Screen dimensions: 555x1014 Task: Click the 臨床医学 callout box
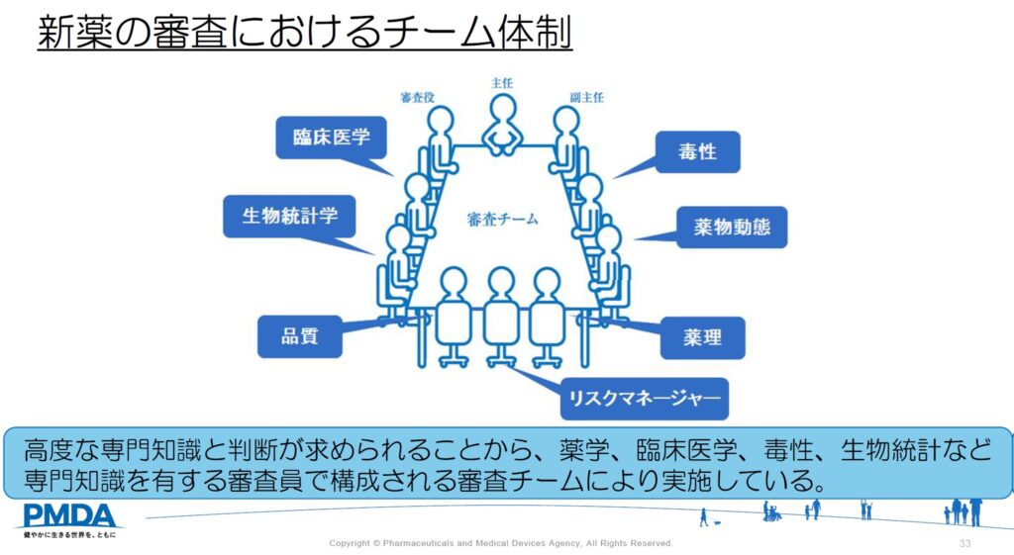330,138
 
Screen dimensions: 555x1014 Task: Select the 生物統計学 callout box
288,215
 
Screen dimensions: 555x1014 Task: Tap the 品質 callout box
300,336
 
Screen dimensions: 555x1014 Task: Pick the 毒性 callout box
697,152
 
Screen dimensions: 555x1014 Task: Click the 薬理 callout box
702,337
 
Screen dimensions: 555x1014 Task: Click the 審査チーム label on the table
503,220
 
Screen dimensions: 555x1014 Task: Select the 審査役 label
418,97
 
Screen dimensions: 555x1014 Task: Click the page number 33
964,544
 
